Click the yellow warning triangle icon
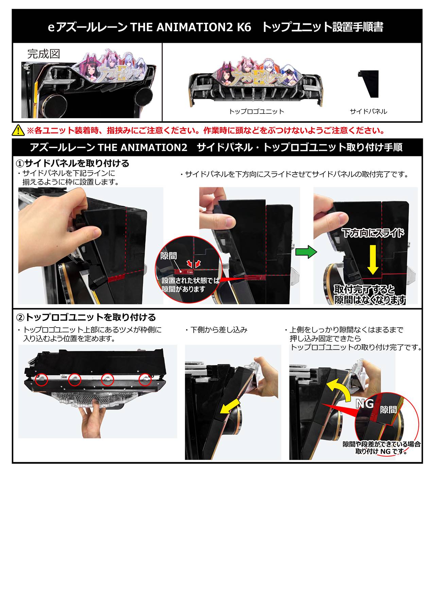pos(18,130)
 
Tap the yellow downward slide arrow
pos(373,259)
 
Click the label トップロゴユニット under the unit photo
pos(257,111)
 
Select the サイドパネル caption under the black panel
pos(368,111)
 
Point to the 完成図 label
pos(44,54)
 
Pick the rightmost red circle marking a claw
pos(145,379)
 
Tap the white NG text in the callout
pos(365,404)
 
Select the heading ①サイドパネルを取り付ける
pos(73,163)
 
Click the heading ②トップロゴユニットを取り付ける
pos(86,317)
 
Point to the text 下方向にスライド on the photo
pos(373,233)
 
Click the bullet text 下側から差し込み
pos(219,330)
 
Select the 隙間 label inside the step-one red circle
pos(169,256)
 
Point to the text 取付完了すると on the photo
pos(364,290)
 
